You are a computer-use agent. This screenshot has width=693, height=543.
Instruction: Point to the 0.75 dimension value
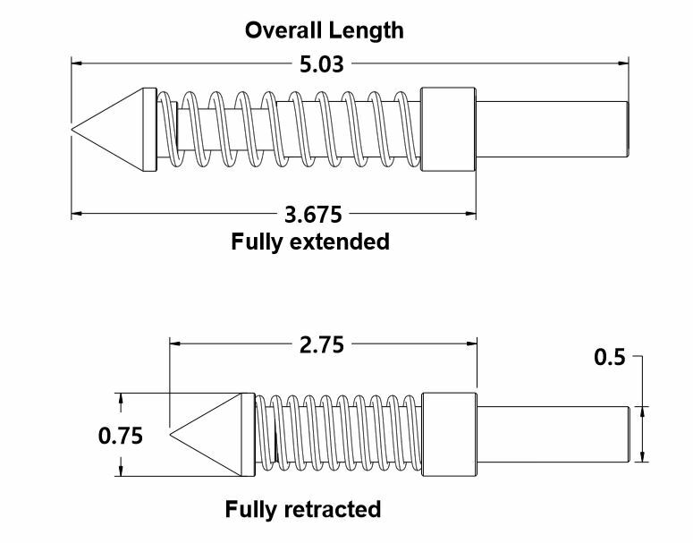(120, 436)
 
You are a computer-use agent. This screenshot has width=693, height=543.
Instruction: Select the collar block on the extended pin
(448, 130)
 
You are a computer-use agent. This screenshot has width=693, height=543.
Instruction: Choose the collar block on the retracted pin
(449, 436)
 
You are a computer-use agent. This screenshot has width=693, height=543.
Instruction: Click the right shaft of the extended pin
(552, 130)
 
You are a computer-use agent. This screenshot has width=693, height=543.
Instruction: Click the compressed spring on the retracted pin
(337, 436)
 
